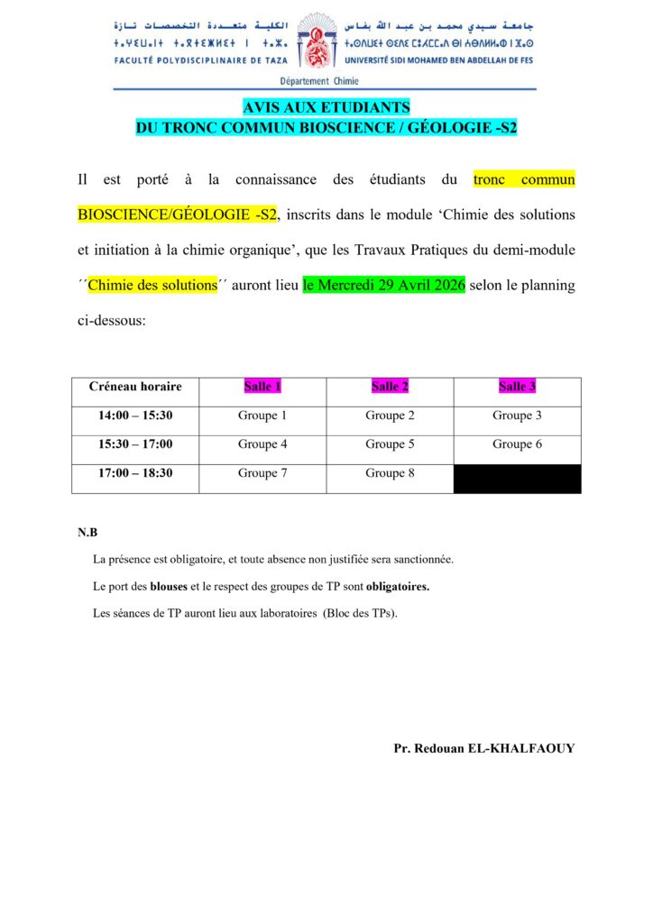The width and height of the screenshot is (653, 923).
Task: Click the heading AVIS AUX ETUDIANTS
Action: (x=326, y=107)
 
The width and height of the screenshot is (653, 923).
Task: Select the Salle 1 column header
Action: (x=262, y=387)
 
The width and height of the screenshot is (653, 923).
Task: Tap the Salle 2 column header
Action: (x=390, y=387)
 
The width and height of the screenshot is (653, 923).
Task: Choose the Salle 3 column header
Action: (x=517, y=387)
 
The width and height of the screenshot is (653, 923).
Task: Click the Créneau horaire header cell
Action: (x=135, y=387)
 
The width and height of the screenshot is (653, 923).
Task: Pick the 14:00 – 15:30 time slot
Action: (x=135, y=416)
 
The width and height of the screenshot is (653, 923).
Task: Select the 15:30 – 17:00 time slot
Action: (x=135, y=444)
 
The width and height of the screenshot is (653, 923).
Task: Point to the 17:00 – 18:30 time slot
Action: (x=135, y=473)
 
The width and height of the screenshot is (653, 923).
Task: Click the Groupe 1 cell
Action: (x=262, y=416)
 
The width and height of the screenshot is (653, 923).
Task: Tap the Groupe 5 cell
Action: (x=390, y=444)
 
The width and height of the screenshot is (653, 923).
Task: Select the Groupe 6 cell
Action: (x=517, y=444)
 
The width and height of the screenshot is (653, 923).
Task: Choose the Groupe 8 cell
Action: (x=390, y=473)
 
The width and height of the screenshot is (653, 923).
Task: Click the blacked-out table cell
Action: (x=517, y=479)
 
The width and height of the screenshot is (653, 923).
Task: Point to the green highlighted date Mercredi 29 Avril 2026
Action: (x=384, y=286)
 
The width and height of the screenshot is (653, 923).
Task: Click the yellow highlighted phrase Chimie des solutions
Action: (x=153, y=286)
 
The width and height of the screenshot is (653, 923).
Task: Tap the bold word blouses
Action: (x=169, y=587)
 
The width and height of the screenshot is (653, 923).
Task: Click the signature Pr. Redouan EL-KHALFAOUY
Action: (x=483, y=748)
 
